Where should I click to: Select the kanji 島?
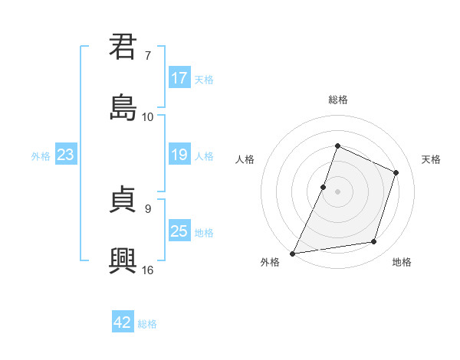pyautogui.click(x=123, y=107)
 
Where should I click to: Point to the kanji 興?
pyautogui.click(x=123, y=260)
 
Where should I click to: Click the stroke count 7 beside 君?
pyautogui.click(x=148, y=56)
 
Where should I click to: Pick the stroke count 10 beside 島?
pyautogui.click(x=148, y=116)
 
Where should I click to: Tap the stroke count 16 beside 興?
pyautogui.click(x=148, y=270)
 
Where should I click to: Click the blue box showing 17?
pyautogui.click(x=179, y=78)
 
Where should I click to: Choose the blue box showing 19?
pyautogui.click(x=179, y=155)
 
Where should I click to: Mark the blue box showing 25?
pyautogui.click(x=179, y=231)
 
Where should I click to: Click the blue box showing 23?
pyautogui.click(x=66, y=155)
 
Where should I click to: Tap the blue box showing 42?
pyautogui.click(x=123, y=322)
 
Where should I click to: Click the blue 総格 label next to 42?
pyautogui.click(x=147, y=324)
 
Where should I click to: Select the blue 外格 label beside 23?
pyautogui.click(x=41, y=156)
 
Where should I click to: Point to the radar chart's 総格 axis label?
pyautogui.click(x=337, y=100)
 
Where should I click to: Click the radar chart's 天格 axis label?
pyautogui.click(x=431, y=159)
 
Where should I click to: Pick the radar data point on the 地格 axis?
pyautogui.click(x=374, y=242)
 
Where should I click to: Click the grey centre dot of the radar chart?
pyautogui.click(x=337, y=191)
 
